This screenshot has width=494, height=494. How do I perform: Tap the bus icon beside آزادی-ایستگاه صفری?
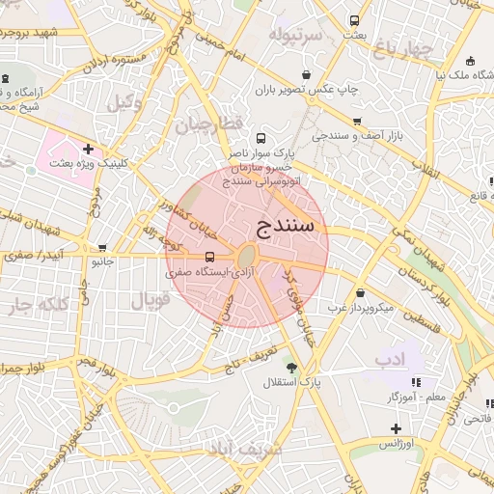coord(210,257)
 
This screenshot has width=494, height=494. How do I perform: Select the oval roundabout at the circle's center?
coord(246,257)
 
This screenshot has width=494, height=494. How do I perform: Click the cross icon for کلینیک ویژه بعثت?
coord(89,149)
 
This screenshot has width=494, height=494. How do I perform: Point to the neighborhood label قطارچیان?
coord(206,123)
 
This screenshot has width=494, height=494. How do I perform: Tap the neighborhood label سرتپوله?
coord(295,37)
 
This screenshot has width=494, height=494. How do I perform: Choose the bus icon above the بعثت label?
coord(355,20)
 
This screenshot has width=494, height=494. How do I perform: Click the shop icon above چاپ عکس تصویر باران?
coord(307,74)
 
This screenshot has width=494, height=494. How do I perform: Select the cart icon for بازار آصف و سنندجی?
coord(358,122)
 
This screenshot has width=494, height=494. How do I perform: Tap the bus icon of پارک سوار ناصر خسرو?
coord(259,139)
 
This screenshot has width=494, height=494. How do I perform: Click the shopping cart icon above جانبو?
coord(102,247)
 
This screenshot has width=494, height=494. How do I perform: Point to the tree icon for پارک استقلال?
coord(291,367)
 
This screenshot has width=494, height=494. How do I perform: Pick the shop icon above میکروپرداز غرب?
coord(360,293)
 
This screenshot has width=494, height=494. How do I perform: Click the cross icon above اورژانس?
coord(395,427)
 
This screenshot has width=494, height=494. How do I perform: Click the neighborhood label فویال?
coord(150,298)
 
